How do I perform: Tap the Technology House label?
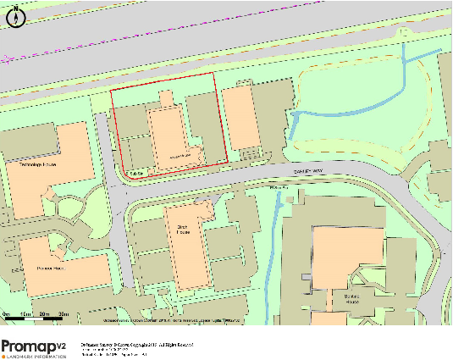(x=36, y=166)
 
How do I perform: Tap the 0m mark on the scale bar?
(x=5, y=314)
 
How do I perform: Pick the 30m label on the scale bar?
(x=63, y=314)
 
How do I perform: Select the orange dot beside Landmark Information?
(x=4, y=356)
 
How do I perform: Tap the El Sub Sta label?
(x=134, y=173)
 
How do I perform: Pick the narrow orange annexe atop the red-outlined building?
(x=164, y=100)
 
